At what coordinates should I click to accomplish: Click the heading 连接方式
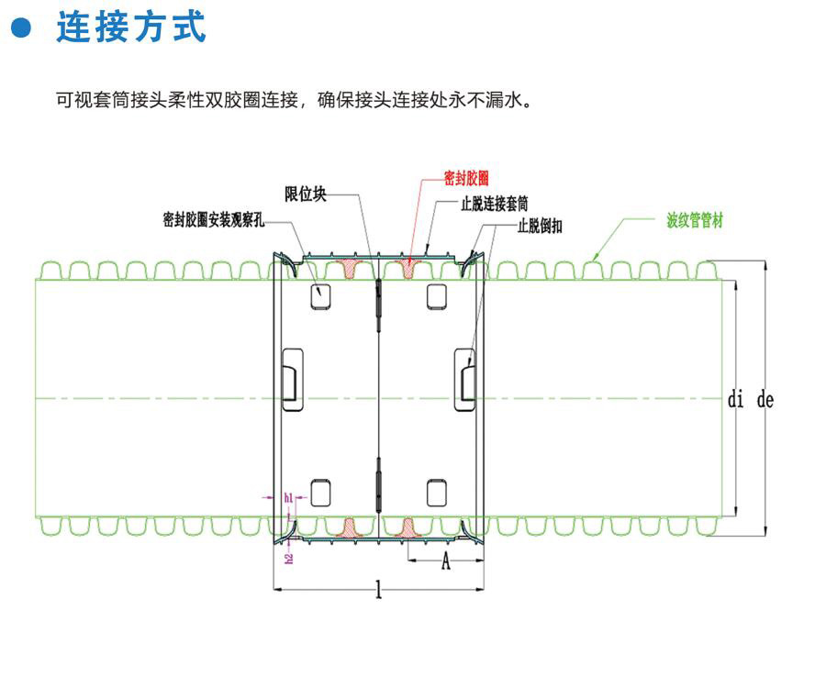(131, 28)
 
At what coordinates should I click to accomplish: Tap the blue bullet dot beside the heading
(20, 28)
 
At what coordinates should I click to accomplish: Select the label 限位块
(306, 194)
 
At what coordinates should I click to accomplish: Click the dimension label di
(735, 400)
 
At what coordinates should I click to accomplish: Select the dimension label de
(765, 400)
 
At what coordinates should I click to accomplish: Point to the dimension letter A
(446, 562)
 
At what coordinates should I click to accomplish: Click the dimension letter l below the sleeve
(378, 592)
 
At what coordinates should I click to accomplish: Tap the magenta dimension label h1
(288, 498)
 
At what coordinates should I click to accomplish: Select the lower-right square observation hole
(437, 493)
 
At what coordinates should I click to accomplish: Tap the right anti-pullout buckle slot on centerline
(466, 375)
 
